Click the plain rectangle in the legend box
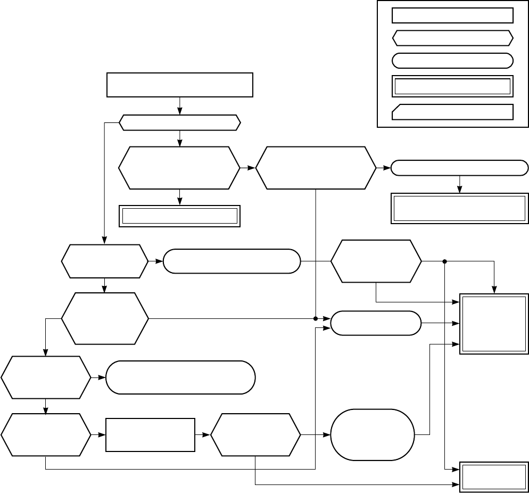[x=452, y=15]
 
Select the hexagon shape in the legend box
[x=452, y=38]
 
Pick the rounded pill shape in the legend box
[x=452, y=60]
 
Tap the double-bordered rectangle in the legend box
[x=452, y=86]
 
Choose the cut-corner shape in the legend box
[x=452, y=112]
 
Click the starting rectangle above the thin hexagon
[x=179, y=85]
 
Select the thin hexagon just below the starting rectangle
[x=179, y=123]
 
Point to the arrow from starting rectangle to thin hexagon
[x=179, y=106]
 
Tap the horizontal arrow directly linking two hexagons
[x=248, y=168]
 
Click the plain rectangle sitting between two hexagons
[x=150, y=435]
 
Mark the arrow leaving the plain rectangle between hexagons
[x=203, y=435]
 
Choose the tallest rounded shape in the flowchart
[x=372, y=434]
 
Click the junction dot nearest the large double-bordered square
[x=444, y=261]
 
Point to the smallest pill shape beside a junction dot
[x=375, y=323]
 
